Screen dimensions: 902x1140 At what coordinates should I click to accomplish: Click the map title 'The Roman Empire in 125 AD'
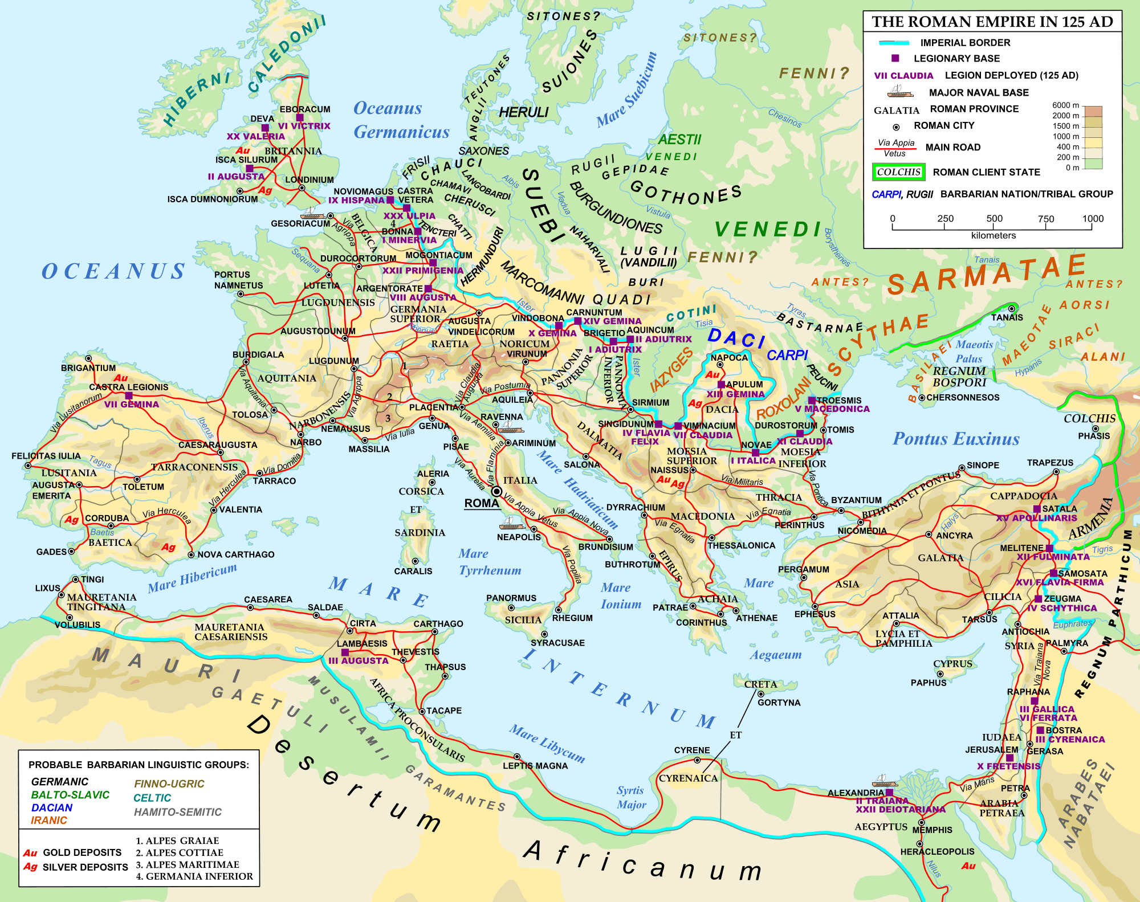pyautogui.click(x=992, y=22)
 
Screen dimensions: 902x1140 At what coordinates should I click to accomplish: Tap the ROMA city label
pyautogui.click(x=482, y=503)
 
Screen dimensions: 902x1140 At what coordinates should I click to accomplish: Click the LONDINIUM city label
pyautogui.click(x=310, y=179)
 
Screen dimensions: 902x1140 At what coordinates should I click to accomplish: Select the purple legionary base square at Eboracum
pyautogui.click(x=300, y=118)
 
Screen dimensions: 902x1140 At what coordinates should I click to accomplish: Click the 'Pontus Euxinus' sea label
pyautogui.click(x=956, y=439)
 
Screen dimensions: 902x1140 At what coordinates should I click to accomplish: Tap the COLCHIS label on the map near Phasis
pyautogui.click(x=1089, y=418)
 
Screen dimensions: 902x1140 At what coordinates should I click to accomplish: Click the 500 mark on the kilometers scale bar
pyautogui.click(x=994, y=219)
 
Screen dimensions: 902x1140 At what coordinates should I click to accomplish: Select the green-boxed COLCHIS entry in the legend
pyautogui.click(x=898, y=172)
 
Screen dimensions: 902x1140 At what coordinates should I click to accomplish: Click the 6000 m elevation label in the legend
pyautogui.click(x=1065, y=105)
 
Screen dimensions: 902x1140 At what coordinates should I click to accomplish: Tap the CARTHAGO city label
pyautogui.click(x=438, y=624)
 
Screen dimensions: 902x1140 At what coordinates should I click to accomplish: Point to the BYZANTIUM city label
pyautogui.click(x=856, y=500)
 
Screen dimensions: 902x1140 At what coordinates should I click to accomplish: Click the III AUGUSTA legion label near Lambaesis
pyautogui.click(x=358, y=661)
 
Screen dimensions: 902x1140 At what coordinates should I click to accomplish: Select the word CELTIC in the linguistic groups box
pyautogui.click(x=152, y=798)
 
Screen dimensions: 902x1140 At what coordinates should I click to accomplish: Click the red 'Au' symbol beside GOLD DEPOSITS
pyautogui.click(x=30, y=853)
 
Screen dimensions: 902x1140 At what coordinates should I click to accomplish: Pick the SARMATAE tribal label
pyautogui.click(x=986, y=274)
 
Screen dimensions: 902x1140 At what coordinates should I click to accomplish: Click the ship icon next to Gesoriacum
pyautogui.click(x=312, y=213)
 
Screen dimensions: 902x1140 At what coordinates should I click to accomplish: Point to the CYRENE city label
pyautogui.click(x=692, y=750)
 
